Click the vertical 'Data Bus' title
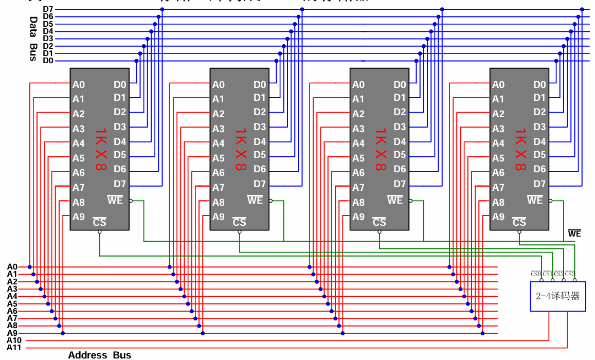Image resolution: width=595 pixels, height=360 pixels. coord(33,39)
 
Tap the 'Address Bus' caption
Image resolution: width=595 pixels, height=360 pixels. coord(99,355)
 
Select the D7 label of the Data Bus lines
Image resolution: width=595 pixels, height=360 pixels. coord(48,9)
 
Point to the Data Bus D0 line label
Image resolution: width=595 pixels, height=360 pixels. coord(48,61)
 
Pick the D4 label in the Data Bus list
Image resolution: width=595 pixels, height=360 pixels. coord(48,31)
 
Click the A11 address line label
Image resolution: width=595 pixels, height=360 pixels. coord(14,348)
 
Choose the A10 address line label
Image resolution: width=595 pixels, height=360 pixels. coord(14,340)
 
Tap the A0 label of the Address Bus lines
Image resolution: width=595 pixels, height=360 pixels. coord(12,267)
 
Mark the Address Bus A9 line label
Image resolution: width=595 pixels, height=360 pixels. coord(12,333)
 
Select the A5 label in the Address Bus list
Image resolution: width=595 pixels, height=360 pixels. coord(12,303)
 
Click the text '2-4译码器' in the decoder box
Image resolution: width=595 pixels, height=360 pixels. coord(557,296)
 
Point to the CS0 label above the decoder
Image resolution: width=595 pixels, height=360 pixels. coord(536,274)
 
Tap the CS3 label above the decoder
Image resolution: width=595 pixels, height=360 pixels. coord(570,274)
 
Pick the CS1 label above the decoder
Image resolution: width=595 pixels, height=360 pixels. coord(547,274)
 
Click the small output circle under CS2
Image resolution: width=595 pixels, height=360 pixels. coord(564,280)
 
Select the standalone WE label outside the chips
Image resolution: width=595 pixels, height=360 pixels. coord(574,234)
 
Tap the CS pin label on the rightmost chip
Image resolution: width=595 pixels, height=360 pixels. coord(519,222)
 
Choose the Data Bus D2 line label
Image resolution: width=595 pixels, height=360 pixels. coord(48,46)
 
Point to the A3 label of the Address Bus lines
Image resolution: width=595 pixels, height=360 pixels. coord(12,289)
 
